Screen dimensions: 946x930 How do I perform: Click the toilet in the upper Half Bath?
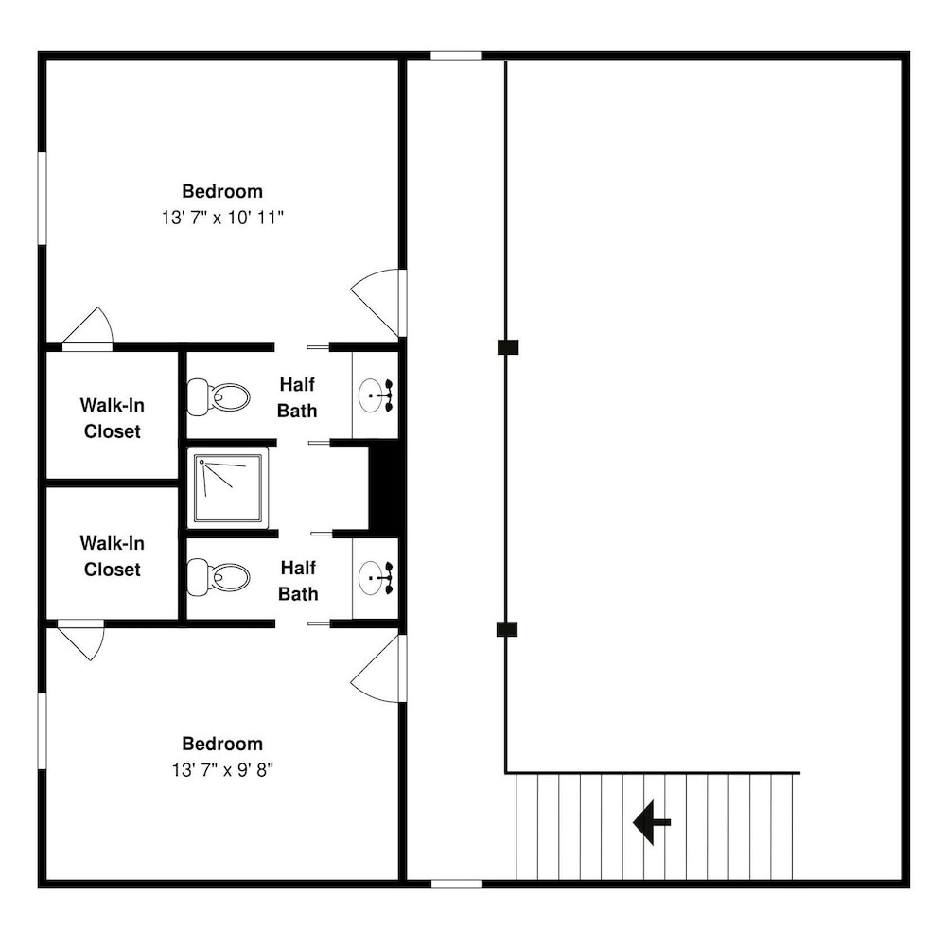pos(219,397)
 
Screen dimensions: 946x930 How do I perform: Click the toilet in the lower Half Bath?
pos(219,577)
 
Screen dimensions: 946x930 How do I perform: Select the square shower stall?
pos(228,487)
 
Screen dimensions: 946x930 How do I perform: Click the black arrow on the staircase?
pos(652,822)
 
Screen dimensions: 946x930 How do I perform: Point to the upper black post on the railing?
pos(508,347)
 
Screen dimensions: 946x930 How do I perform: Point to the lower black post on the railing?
pos(507,629)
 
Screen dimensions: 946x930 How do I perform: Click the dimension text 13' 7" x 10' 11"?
pos(222,218)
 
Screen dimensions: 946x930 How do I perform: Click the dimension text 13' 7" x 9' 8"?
pos(222,769)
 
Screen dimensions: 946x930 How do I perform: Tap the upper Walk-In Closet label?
pos(113,418)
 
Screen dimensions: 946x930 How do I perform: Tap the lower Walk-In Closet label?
pos(113,556)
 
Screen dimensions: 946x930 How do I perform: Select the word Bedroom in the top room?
pos(222,191)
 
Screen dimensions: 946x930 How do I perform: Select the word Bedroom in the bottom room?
pos(222,744)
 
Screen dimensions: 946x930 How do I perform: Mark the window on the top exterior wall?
pos(456,56)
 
